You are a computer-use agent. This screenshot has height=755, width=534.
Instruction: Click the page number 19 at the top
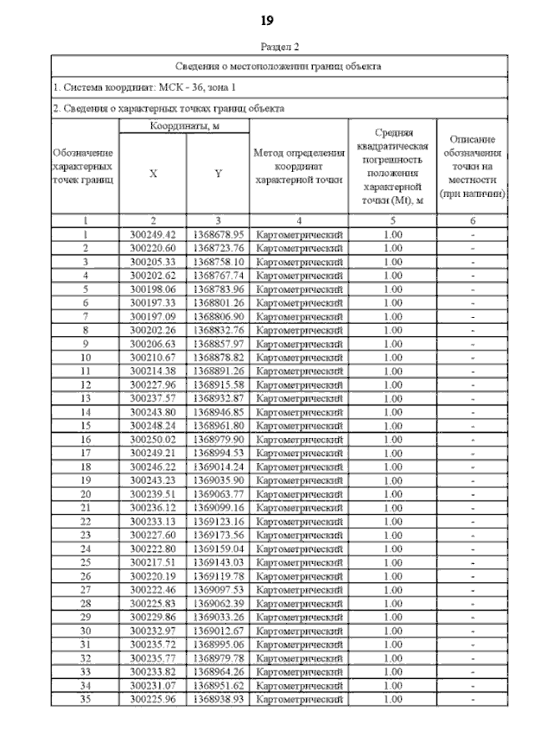click(x=267, y=20)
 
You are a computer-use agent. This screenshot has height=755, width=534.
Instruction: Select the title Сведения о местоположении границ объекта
click(x=279, y=65)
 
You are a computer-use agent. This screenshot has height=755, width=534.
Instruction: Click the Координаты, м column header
click(x=184, y=126)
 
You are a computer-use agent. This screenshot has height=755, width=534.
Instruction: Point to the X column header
click(x=153, y=174)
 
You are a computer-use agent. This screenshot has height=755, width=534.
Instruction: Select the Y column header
click(x=218, y=174)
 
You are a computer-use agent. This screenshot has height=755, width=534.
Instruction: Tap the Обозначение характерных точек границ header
click(x=84, y=166)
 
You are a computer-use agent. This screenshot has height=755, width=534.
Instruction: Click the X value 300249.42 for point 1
click(x=153, y=234)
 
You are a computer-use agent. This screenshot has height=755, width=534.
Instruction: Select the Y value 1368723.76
click(x=218, y=248)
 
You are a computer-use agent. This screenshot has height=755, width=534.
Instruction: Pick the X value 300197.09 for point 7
click(x=153, y=315)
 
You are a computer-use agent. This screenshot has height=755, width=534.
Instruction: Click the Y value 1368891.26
click(x=218, y=370)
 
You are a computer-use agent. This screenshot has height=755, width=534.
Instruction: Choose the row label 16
click(x=84, y=438)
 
